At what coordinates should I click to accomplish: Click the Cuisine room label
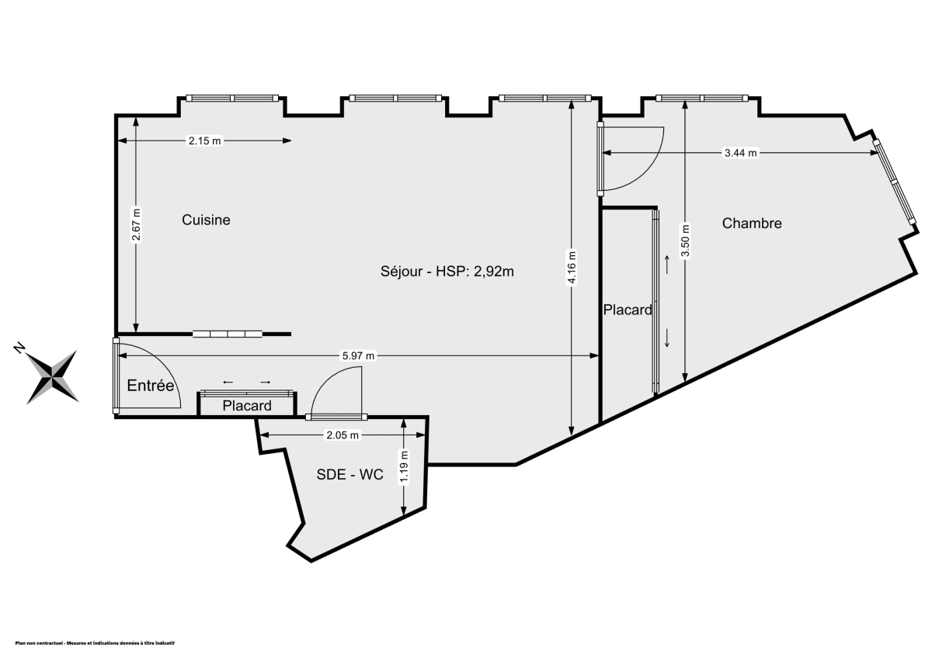click(x=206, y=220)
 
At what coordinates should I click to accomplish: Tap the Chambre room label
click(x=751, y=223)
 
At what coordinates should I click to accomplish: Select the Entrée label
click(x=150, y=386)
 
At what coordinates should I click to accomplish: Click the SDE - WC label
click(x=349, y=476)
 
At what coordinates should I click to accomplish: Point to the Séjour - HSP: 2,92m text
click(x=447, y=272)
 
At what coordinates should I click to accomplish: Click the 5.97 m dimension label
click(x=359, y=356)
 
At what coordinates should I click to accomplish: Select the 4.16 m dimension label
click(x=572, y=268)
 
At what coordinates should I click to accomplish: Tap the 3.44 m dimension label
click(x=740, y=153)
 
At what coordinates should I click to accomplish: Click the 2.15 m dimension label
click(x=205, y=141)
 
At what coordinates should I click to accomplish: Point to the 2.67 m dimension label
click(x=136, y=225)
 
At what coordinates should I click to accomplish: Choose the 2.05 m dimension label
click(x=343, y=435)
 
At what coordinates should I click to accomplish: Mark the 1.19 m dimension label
click(x=404, y=466)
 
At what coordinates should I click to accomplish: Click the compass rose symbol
click(x=53, y=377)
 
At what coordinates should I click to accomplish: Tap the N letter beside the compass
click(x=19, y=348)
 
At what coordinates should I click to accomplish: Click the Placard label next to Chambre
click(x=628, y=310)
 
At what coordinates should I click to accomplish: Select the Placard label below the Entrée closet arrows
click(x=247, y=406)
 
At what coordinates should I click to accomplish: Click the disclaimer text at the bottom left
click(x=95, y=642)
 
